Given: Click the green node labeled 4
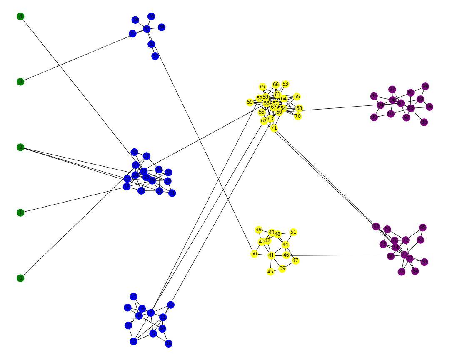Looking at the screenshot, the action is tap(20, 16).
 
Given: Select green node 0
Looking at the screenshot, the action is tap(20, 278).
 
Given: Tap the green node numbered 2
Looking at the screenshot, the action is tap(20, 147).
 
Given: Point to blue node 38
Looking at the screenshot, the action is tap(135, 20).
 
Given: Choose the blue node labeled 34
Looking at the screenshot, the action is tap(162, 27).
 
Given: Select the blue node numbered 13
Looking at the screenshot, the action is tap(133, 297).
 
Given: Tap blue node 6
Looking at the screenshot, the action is tap(127, 307).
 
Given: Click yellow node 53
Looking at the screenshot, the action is tap(285, 84).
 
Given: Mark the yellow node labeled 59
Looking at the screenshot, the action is tap(250, 102).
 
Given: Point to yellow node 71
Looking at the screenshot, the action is tap(274, 128).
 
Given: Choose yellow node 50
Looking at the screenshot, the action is tap(254, 254).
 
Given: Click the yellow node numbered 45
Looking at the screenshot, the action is tap(270, 272).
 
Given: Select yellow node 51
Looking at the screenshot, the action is tap(293, 232).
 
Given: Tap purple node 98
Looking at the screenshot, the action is tap(425, 86).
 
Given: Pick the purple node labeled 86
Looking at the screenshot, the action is tap(424, 122).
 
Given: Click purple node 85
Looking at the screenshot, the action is tap(423, 227).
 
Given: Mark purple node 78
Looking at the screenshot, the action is tap(401, 272).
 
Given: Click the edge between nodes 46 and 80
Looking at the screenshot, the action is tap(337, 255).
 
